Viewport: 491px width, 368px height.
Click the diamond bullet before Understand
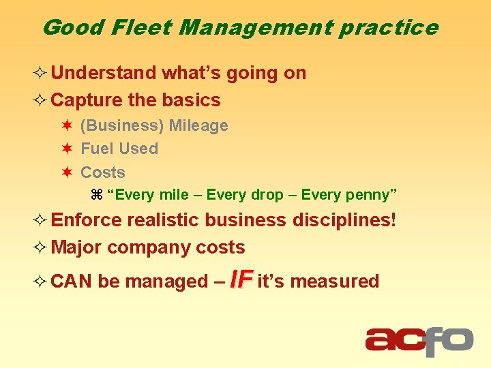point(42,73)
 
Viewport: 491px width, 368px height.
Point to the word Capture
point(87,100)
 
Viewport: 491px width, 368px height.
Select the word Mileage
point(198,126)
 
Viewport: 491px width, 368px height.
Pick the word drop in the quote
point(267,196)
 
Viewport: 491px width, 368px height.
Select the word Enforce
point(87,220)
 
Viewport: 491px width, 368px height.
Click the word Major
point(76,247)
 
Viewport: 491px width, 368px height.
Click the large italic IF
point(241,279)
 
